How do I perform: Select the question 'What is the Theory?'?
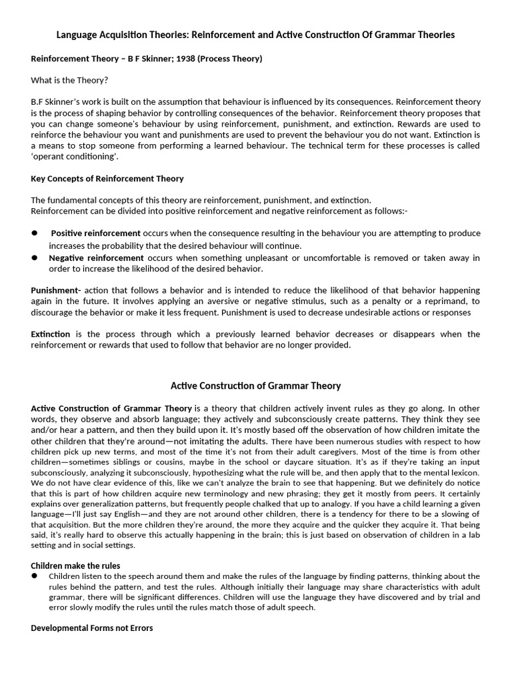point(69,80)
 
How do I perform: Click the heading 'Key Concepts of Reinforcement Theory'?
point(107,179)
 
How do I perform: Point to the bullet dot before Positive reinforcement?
point(35,233)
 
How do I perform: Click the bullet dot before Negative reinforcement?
point(35,257)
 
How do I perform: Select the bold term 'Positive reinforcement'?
point(95,233)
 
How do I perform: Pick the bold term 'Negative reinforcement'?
point(96,257)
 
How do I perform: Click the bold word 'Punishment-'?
point(56,290)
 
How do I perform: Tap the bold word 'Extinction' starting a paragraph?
point(53,334)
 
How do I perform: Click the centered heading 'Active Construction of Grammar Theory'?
point(256,386)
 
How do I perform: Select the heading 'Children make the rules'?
point(75,566)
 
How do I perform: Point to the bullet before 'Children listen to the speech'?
point(35,576)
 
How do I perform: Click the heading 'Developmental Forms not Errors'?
point(92,628)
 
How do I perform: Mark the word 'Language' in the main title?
point(79,35)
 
